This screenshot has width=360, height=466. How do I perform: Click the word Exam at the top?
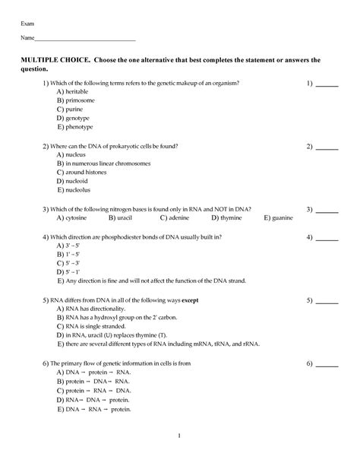[x=28, y=24]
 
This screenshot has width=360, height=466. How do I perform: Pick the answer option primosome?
[x=79, y=100]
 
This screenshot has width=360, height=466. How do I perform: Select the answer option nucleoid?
[x=77, y=182]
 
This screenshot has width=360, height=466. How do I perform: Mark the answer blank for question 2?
[x=327, y=147]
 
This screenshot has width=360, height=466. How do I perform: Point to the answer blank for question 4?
[x=327, y=239]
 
